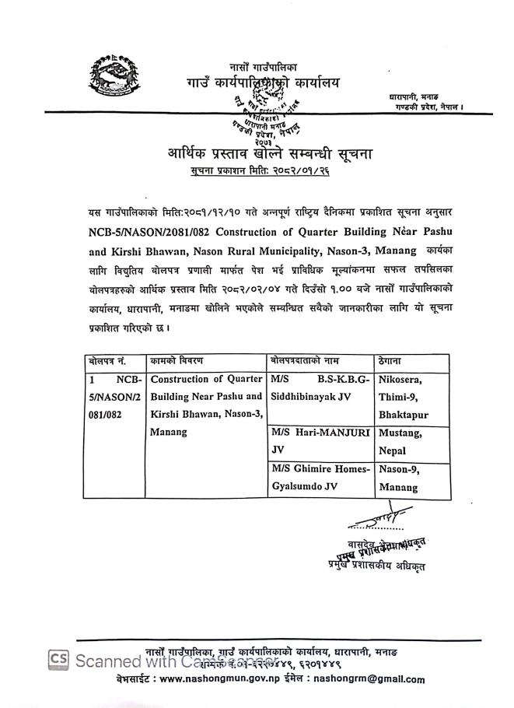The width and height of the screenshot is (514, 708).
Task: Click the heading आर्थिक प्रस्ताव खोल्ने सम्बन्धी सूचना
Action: point(270,153)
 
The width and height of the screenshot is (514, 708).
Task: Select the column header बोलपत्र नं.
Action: point(109,362)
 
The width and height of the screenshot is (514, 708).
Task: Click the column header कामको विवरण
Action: point(177,362)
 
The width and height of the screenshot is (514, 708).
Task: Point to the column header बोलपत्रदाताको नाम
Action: point(308,362)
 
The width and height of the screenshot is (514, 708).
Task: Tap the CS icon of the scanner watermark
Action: point(61,659)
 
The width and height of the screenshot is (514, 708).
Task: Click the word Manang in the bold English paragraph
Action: point(393,250)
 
